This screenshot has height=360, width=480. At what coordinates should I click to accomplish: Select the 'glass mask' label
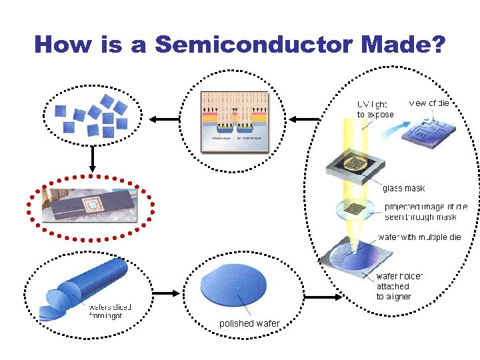click(403, 188)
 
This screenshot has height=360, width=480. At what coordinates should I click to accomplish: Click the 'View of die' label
click(429, 103)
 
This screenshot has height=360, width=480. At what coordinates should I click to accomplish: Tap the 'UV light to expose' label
click(375, 109)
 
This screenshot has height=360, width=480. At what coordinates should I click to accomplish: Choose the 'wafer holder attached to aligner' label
click(399, 286)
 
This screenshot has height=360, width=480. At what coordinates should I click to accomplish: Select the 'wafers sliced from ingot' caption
click(110, 311)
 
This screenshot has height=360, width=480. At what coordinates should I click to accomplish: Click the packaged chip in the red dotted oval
click(91, 205)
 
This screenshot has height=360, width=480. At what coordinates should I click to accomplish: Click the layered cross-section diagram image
click(235, 121)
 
